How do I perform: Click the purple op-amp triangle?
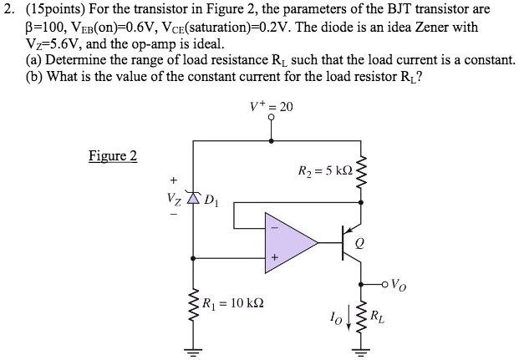pos(288,243)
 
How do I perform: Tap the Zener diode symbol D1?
pos(193,197)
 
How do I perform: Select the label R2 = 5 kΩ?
pos(325,171)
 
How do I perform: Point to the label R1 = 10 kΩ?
pos(233,303)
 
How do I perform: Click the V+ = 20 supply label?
pos(272,106)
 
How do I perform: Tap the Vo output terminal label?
pos(399,285)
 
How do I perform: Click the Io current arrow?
pos(349,322)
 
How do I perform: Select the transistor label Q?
pos(359,244)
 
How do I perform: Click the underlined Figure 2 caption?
pos(113,156)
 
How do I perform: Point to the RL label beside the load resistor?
pos(377,317)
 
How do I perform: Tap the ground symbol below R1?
pos(193,352)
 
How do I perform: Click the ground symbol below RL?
pos(361,352)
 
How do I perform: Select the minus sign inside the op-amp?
pos(274,228)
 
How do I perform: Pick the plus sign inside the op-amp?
pos(274,257)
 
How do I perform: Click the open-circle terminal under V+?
pos(272,117)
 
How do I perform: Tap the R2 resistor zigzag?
pos(361,171)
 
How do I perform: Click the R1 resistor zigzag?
pos(193,304)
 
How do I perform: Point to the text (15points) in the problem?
pos(55,9)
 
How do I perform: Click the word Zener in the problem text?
pos(431,27)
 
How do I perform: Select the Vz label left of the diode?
pos(174,200)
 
